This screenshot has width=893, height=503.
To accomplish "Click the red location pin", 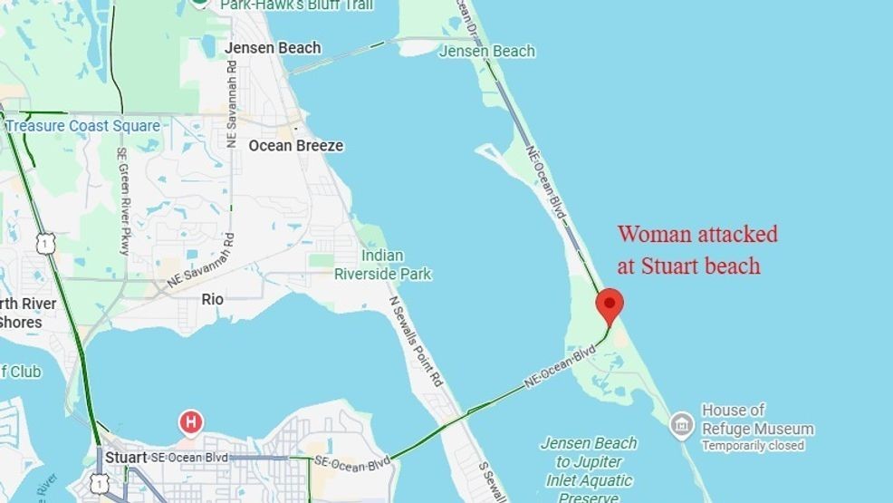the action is pos(610,305).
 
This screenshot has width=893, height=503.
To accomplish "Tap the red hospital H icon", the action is pos(190,421).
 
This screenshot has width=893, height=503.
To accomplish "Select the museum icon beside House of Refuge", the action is pos(682,423).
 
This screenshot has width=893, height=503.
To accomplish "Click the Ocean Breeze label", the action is pos(295,145).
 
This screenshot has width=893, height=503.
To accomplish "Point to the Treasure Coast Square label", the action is pos(83,126).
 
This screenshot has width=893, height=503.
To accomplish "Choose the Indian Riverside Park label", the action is pos(382,265).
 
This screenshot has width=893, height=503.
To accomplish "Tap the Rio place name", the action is pos(213,299).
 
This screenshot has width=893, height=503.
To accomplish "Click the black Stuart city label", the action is pos(125,458).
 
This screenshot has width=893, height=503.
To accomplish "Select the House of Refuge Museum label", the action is pos(757,420).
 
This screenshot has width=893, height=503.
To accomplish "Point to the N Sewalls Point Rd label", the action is pos(414,341).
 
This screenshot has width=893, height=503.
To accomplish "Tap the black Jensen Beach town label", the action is pos(272,48).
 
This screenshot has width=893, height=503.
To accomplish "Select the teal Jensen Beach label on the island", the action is pos(486,52).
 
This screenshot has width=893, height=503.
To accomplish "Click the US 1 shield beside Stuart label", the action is pos(98,484).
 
